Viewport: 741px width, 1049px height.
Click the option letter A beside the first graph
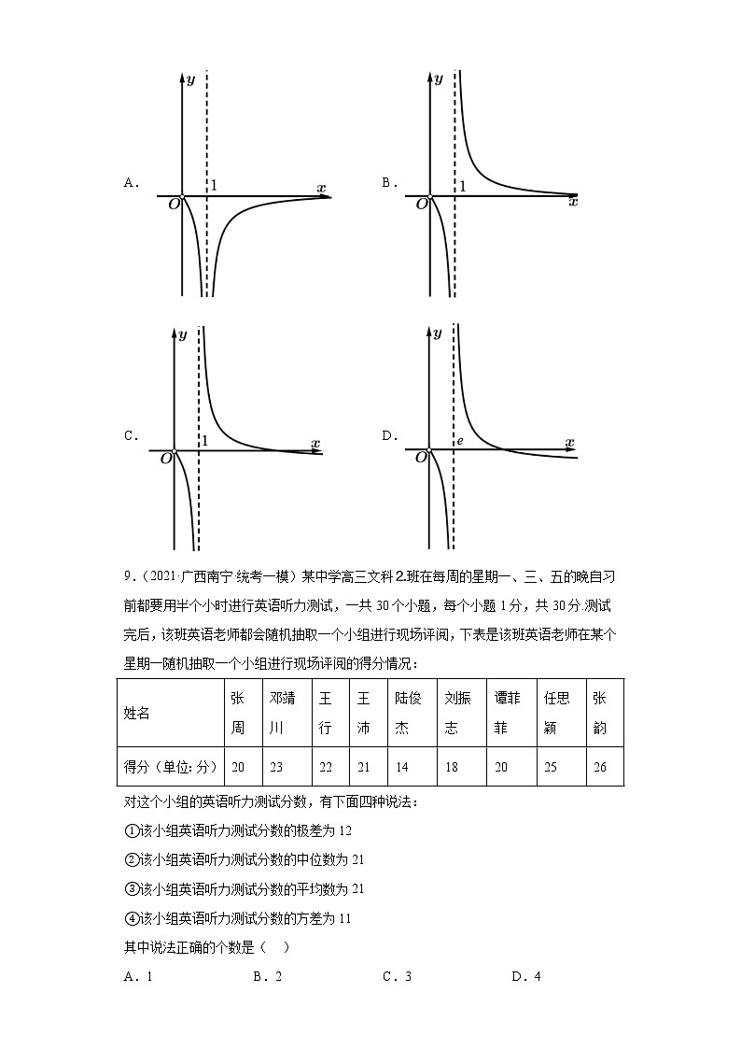130,183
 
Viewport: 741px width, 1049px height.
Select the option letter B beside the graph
387,183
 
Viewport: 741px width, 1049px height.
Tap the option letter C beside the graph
130,435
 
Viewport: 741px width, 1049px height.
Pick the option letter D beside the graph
387,435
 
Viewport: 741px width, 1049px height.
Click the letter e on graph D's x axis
459,440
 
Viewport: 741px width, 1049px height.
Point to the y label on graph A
190,79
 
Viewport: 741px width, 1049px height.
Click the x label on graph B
573,202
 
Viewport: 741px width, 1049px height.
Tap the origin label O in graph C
166,458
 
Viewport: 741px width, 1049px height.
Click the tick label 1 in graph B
461,186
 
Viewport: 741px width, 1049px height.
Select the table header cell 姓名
137,713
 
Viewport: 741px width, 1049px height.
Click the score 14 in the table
402,767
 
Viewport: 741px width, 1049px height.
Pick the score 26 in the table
599,767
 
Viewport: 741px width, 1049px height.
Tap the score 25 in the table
551,767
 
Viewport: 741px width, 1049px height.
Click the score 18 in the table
452,767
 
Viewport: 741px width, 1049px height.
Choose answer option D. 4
526,977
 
